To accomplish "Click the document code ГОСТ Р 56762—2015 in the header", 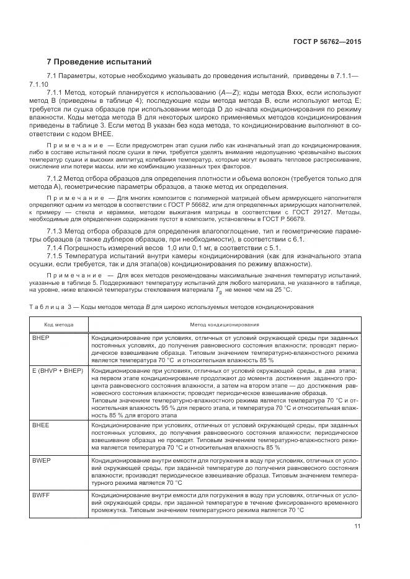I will (x=327, y=41).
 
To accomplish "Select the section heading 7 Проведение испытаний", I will (x=99, y=62).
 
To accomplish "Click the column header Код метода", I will (x=59, y=324).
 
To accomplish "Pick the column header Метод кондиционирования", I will (x=225, y=324).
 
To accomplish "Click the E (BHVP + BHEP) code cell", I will (x=57, y=369).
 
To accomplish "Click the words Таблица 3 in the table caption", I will (x=47, y=307).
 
